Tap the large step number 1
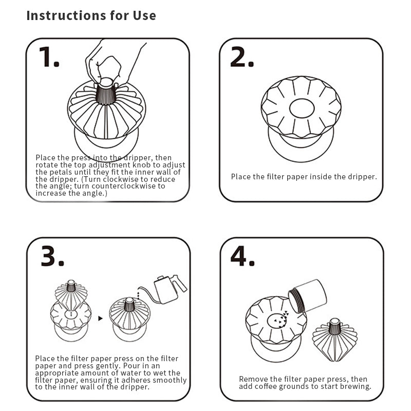coord(49,57)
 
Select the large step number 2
coord(242,57)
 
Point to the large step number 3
coord(52,256)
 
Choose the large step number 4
coord(242,256)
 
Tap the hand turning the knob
coord(113,63)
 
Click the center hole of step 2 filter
coord(302,108)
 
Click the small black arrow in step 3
coord(100,319)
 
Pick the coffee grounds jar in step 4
coord(307,296)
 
